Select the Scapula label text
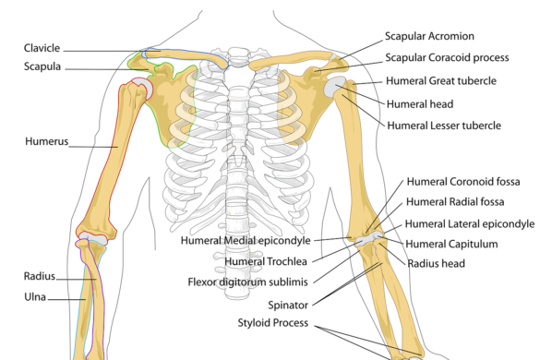42,66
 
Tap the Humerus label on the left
47,142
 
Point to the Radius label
40,276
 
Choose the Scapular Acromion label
429,36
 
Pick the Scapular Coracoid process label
447,57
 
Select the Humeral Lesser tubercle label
443,125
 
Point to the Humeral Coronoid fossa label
453,181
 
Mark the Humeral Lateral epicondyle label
470,223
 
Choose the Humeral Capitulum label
451,244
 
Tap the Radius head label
438,263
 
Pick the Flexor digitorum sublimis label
248,282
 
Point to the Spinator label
288,304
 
